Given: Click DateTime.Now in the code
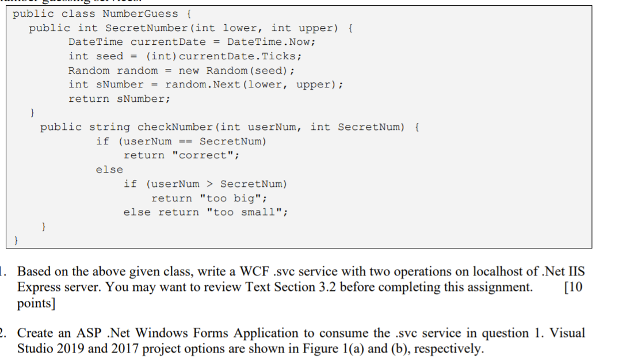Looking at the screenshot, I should (270, 42).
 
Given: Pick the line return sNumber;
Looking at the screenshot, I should (119, 99).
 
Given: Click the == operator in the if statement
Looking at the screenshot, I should (185, 141).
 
